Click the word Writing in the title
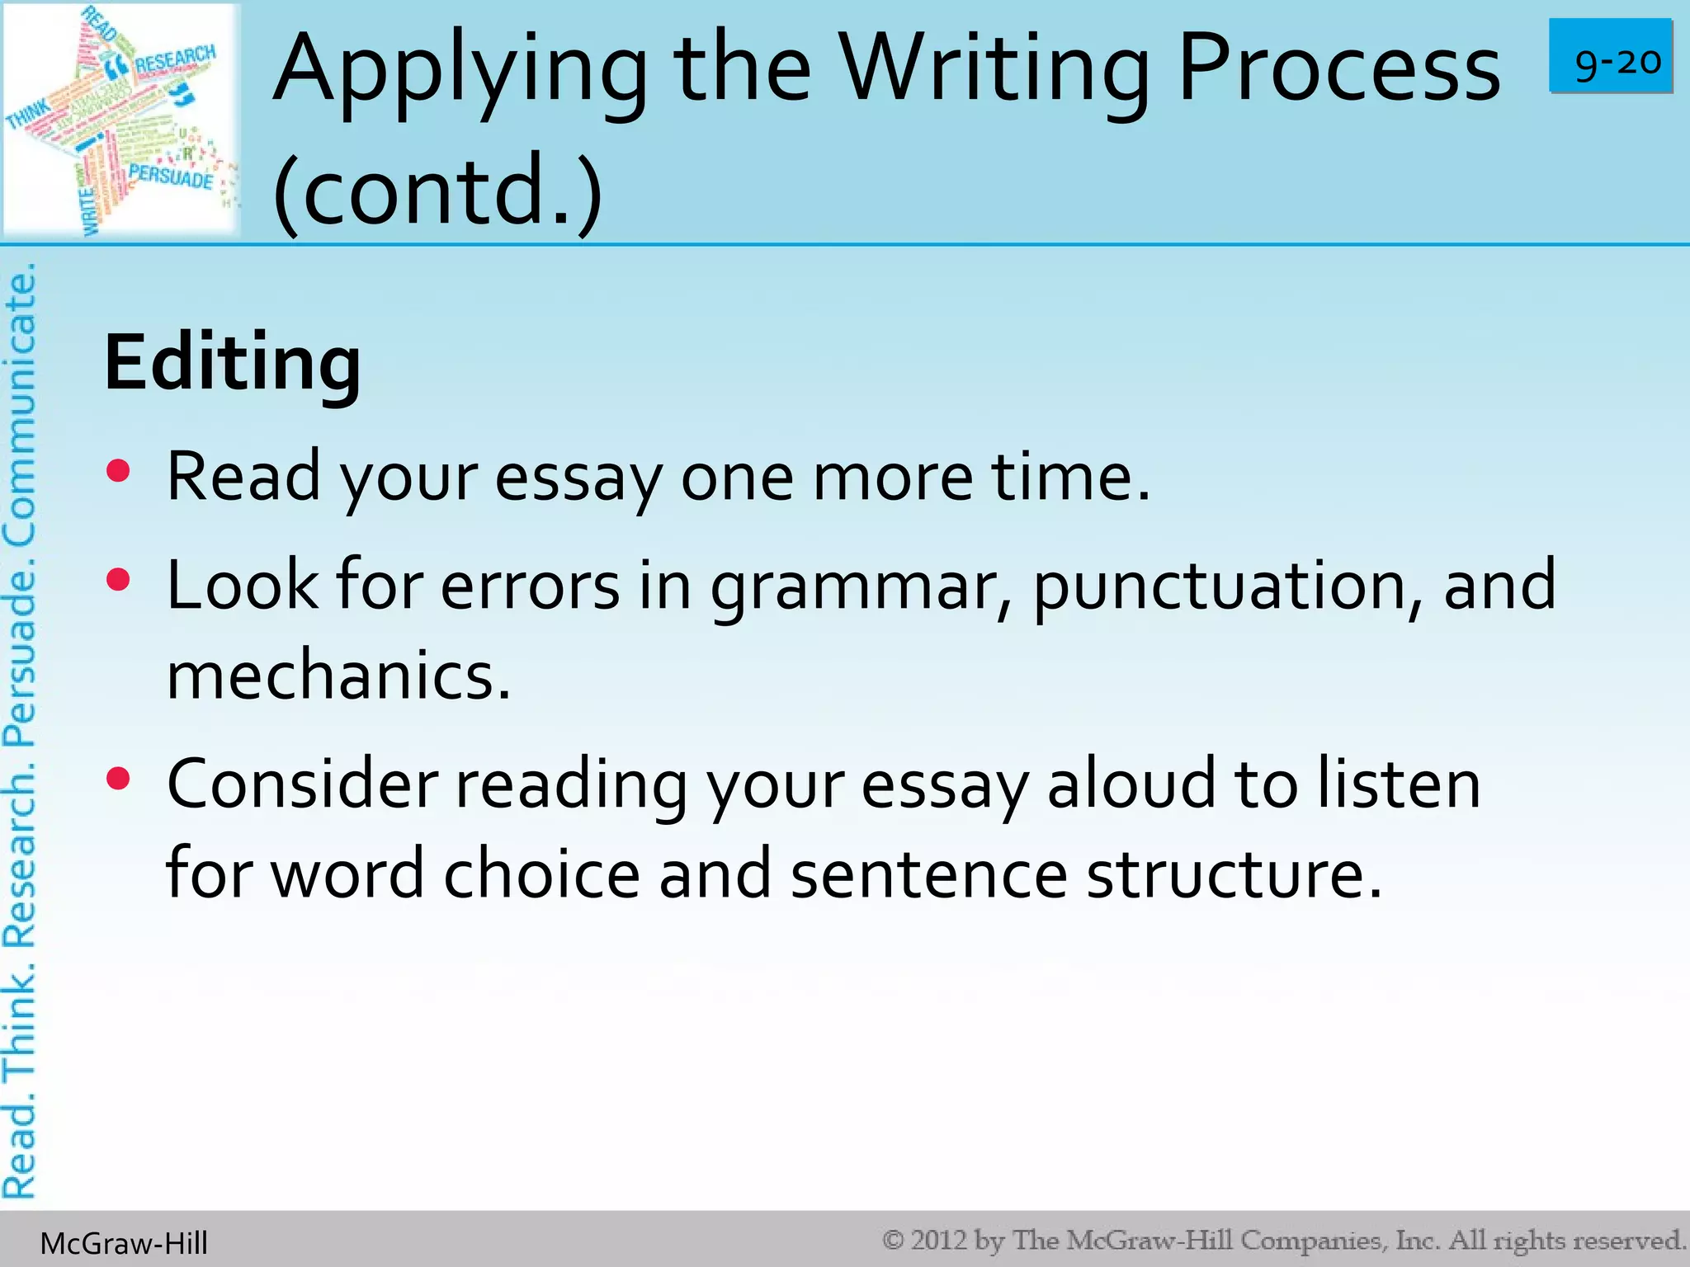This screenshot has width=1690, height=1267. click(x=994, y=70)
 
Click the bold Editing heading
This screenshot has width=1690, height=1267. click(x=233, y=363)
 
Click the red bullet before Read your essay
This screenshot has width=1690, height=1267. click(x=119, y=471)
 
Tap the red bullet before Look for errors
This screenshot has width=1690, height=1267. click(x=119, y=580)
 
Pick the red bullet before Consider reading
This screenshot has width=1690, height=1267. click(x=119, y=779)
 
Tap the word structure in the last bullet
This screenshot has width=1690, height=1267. click(x=1233, y=874)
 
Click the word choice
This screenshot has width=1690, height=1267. click(x=541, y=874)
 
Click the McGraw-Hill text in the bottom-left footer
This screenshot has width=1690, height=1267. click(x=124, y=1243)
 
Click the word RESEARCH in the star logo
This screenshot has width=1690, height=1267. click(x=175, y=60)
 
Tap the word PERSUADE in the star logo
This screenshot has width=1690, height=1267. click(x=170, y=176)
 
